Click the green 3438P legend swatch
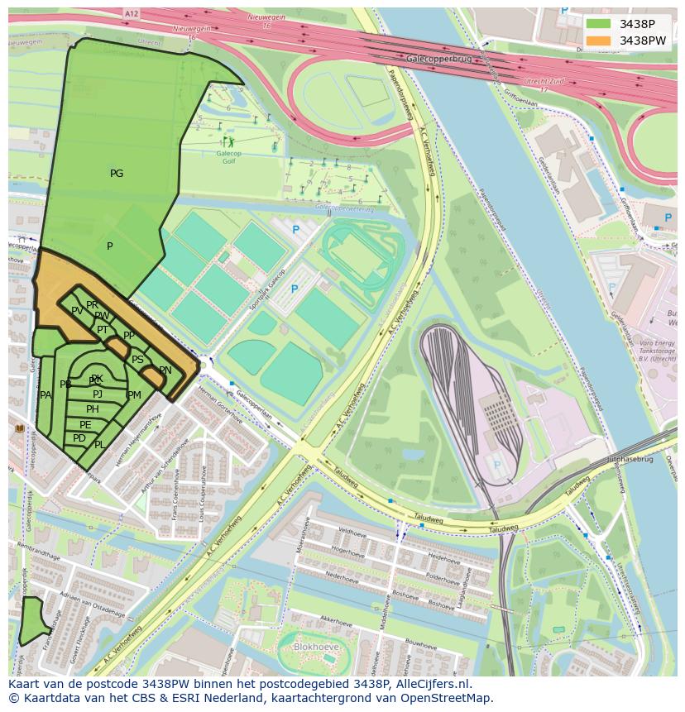(599, 24)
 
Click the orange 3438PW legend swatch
(599, 41)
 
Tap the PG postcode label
(117, 174)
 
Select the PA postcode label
(46, 395)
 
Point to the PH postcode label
(93, 409)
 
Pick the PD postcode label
(79, 438)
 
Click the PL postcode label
(100, 445)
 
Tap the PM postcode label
(134, 395)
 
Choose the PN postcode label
(165, 370)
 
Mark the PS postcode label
(137, 360)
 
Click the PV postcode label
(77, 311)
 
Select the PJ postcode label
(98, 394)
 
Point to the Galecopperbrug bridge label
(438, 60)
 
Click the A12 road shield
(131, 14)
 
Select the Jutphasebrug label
(630, 458)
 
